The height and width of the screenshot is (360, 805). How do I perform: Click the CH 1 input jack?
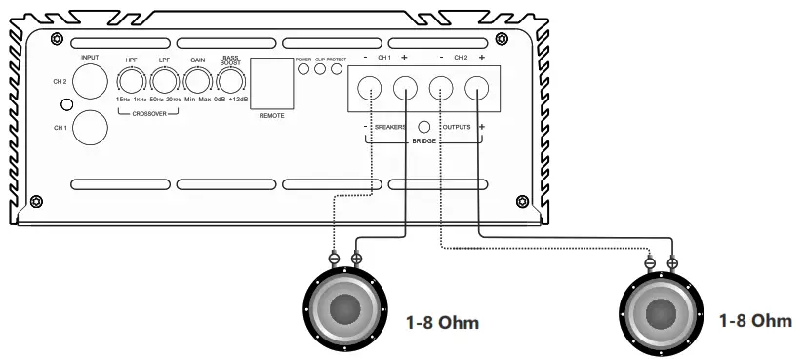(91, 126)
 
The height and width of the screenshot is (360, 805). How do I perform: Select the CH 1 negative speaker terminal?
(371, 90)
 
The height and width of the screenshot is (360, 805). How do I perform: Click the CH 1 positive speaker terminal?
(405, 90)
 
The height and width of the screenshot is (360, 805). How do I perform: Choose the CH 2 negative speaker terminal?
(442, 90)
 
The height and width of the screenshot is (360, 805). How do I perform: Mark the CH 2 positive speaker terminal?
(477, 90)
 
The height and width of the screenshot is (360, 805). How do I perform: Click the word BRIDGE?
(423, 142)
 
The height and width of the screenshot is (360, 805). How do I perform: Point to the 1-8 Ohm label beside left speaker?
(441, 322)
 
